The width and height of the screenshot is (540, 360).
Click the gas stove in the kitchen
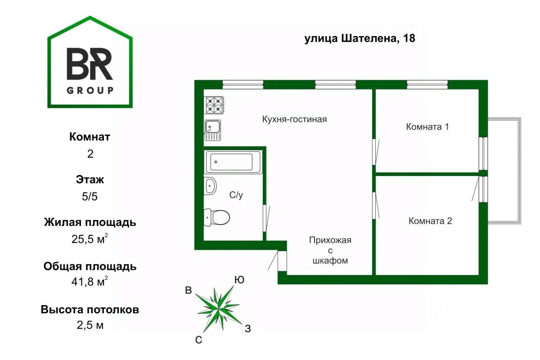pos(215,105)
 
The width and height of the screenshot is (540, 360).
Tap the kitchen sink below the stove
pos(213,129)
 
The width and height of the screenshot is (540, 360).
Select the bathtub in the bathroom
pos(232,162)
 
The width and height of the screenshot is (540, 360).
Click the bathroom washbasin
pos(211,186)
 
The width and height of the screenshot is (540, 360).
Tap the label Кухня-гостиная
pos(294,119)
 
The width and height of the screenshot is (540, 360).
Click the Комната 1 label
pos(427,126)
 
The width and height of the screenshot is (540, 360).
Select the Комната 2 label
pos(430,221)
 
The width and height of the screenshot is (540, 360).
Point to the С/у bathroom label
pos(237,195)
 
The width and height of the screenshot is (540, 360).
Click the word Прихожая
pos(330,240)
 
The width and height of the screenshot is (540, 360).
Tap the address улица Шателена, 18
pos(360,39)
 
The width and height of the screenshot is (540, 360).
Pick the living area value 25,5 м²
pos(90,239)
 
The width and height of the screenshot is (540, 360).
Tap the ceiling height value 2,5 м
pos(90,325)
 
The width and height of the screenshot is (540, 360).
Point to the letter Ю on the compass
pos(239,280)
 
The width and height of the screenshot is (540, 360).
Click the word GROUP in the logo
pos(90,90)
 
